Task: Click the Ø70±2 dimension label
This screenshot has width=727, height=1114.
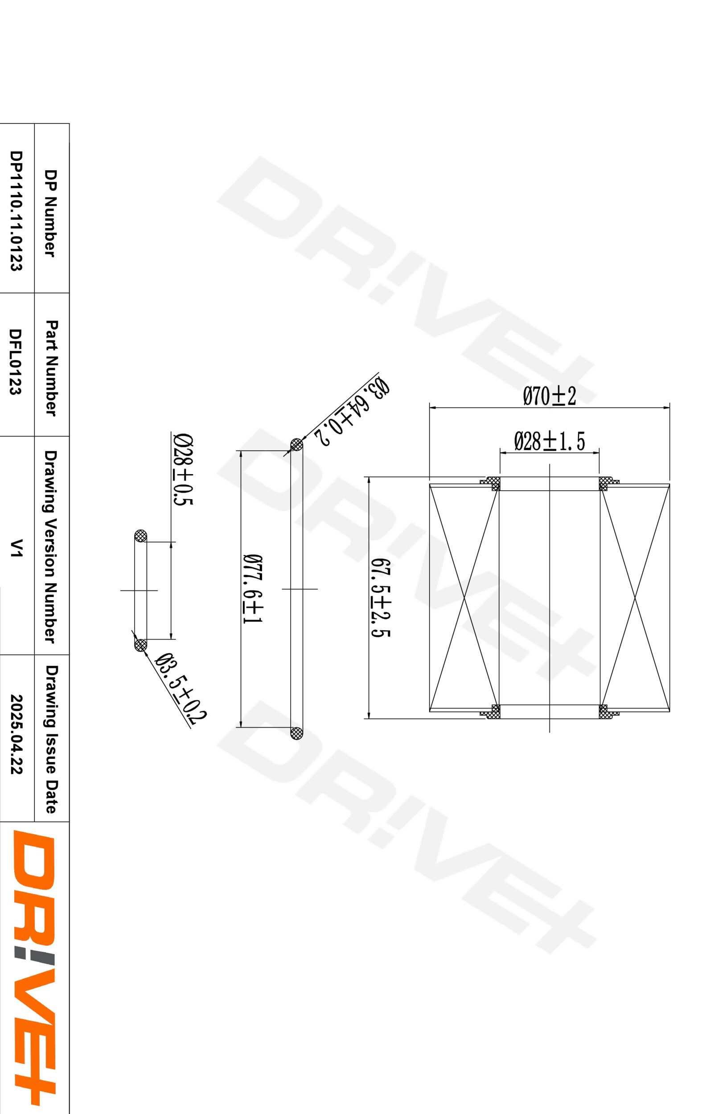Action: click(x=549, y=396)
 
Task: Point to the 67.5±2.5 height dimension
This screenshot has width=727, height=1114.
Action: click(x=381, y=598)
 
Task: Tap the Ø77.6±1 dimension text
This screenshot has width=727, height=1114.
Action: click(x=253, y=588)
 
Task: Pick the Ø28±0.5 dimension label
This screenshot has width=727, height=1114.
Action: click(x=184, y=470)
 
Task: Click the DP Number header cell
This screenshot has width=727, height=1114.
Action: click(x=50, y=213)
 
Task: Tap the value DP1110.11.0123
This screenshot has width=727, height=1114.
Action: click(x=16, y=211)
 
